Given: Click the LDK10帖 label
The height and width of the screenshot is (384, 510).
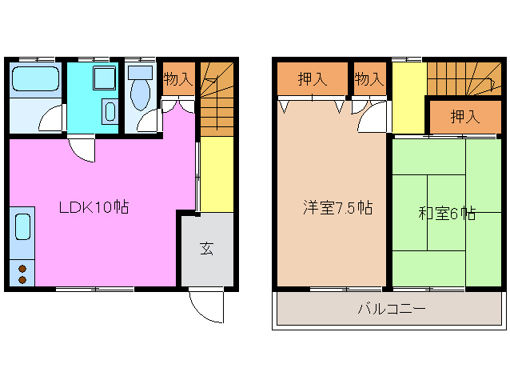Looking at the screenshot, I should (x=94, y=207).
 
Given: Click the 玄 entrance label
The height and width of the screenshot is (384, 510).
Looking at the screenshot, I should (x=206, y=247).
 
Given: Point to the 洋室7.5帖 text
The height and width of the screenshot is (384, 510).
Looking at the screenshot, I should (x=337, y=208).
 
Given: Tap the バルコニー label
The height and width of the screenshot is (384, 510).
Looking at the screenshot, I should (x=390, y=309).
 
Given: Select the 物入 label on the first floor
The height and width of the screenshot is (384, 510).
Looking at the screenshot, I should (x=177, y=78).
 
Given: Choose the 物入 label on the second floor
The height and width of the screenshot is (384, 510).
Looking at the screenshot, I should (x=369, y=79).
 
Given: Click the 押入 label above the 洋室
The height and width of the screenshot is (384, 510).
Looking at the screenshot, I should (x=313, y=79).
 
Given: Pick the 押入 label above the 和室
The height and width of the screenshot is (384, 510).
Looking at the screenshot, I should (x=464, y=117).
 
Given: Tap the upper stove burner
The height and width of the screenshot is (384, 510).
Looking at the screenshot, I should (x=22, y=268).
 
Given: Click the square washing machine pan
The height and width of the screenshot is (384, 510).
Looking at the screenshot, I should (x=104, y=78).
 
